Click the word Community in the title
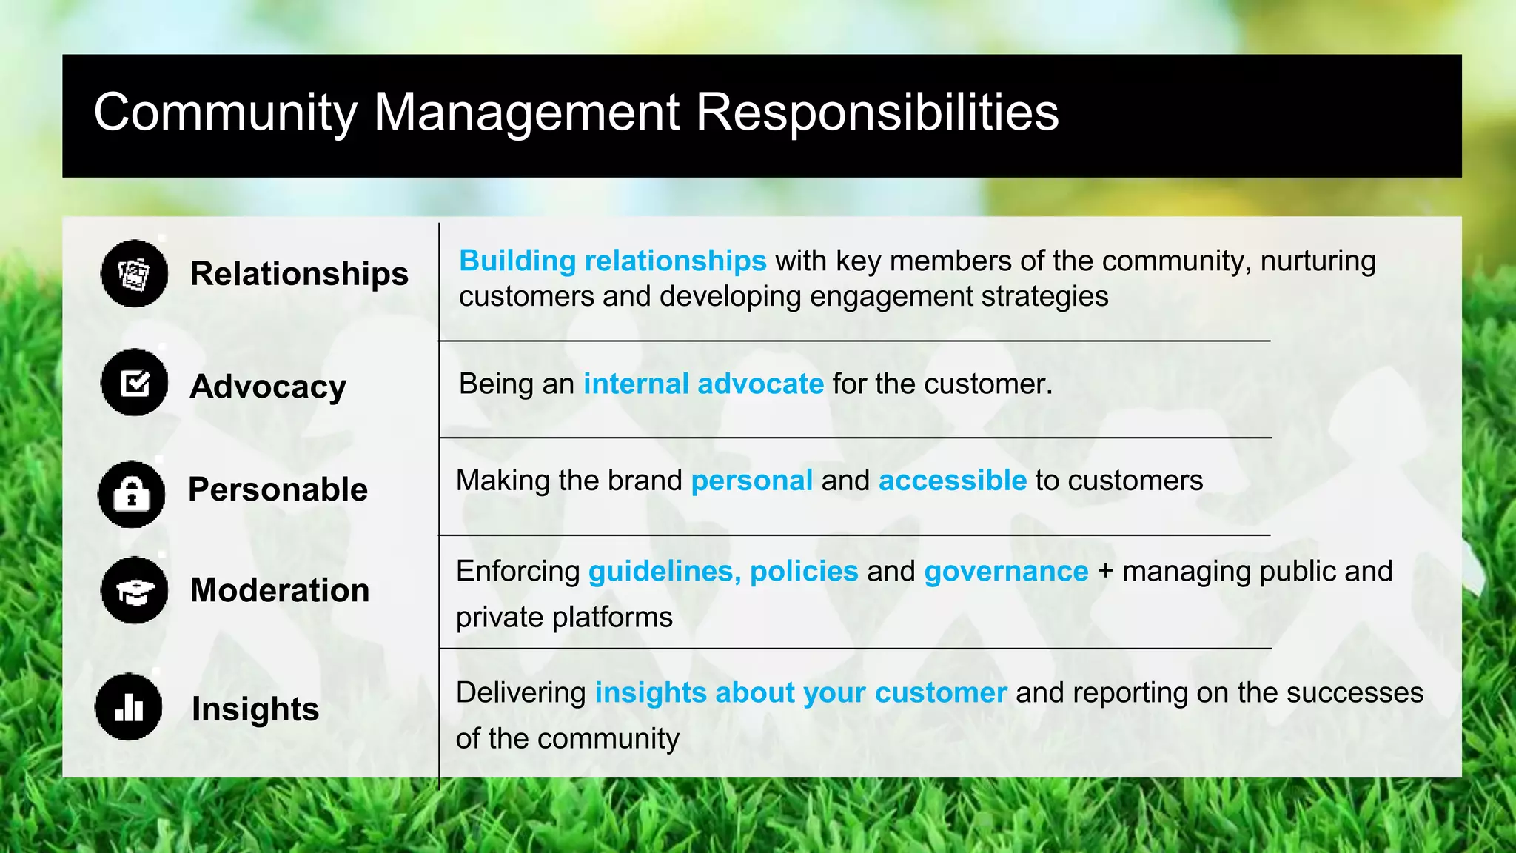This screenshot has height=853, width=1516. point(225,113)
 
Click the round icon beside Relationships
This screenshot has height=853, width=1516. point(134,273)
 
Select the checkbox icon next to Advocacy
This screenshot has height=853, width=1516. point(134,382)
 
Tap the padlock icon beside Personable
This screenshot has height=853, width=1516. point(132,494)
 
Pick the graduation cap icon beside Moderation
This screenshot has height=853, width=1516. point(134,590)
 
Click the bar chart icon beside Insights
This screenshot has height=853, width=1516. point(129,706)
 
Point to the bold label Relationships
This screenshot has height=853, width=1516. point(299,273)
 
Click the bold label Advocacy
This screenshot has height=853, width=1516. point(268,387)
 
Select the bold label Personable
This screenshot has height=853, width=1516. point(278,489)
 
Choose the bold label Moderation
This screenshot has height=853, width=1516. point(280,590)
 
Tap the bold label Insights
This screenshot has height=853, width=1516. point(255,709)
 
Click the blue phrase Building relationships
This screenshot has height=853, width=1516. point(612,261)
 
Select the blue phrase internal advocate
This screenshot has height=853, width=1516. point(703,384)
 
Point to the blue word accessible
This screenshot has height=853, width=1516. point(953,481)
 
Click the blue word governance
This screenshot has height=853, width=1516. point(1006,572)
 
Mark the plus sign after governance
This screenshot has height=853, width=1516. point(1105,572)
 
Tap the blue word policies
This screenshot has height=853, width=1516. point(804,572)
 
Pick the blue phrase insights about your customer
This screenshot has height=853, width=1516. point(801,693)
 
